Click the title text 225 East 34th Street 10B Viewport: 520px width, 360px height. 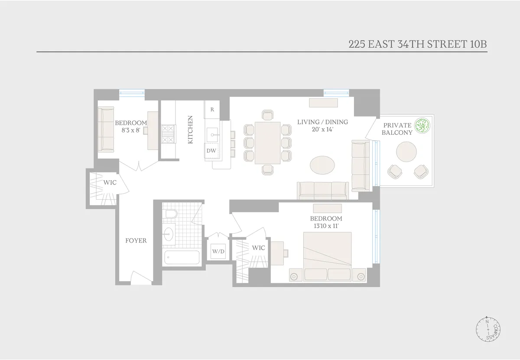[x=418, y=44]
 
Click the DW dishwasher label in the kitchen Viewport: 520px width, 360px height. [x=211, y=151]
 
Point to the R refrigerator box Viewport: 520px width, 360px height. [x=212, y=110]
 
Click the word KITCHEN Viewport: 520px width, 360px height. [x=190, y=130]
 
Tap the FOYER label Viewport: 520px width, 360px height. [x=136, y=241]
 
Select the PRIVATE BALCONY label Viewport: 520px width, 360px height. [x=397, y=129]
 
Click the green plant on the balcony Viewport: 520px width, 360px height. [x=422, y=126]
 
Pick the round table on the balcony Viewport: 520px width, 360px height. [x=406, y=152]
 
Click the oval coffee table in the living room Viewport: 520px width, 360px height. [x=322, y=165]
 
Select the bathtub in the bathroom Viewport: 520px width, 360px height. [x=182, y=258]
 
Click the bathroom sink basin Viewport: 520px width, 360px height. [x=169, y=234]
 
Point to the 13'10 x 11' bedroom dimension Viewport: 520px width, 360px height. [x=326, y=226]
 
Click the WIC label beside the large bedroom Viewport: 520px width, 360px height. [x=258, y=248]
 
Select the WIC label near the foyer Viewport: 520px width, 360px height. [x=110, y=183]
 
